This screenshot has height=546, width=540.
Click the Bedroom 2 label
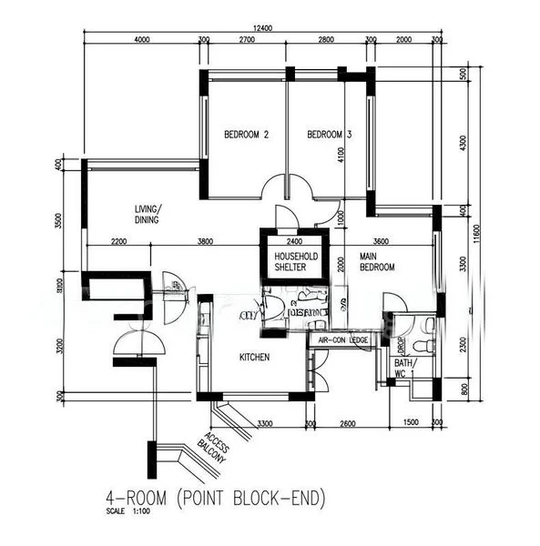(x=246, y=136)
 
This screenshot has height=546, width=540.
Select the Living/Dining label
(x=146, y=213)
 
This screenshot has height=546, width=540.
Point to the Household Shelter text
(x=297, y=262)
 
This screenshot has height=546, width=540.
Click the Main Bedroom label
(x=376, y=262)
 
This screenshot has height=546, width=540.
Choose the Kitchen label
(x=254, y=358)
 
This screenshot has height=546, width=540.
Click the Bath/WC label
(x=403, y=368)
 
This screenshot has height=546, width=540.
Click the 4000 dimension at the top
(x=141, y=41)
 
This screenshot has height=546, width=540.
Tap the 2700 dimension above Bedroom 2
(x=246, y=41)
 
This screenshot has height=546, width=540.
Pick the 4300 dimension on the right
(x=463, y=143)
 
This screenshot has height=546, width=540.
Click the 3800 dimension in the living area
(x=205, y=241)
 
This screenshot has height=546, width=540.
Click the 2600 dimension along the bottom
(x=348, y=423)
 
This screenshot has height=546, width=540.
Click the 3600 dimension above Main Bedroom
(x=381, y=241)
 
